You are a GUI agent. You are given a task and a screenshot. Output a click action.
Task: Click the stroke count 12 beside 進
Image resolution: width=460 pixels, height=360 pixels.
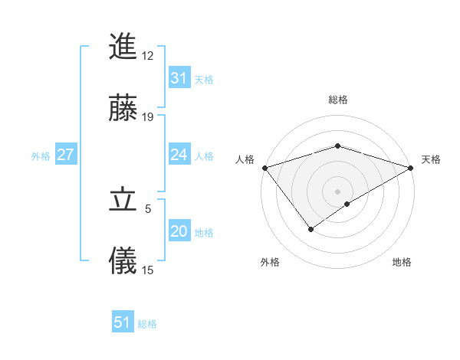point(147,55)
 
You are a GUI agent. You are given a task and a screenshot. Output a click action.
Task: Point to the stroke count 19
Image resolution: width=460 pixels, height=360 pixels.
point(148,116)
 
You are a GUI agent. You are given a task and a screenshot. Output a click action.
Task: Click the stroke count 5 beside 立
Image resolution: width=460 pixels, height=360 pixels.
point(149,208)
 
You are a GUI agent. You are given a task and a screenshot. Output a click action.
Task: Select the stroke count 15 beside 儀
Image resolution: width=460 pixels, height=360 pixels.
point(148,270)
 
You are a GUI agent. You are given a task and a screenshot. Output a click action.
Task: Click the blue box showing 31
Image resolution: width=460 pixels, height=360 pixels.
point(179,78)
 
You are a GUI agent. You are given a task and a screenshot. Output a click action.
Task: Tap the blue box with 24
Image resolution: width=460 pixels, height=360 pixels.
point(179,155)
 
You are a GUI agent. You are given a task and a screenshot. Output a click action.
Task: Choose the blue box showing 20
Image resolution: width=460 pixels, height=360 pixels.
point(179,231)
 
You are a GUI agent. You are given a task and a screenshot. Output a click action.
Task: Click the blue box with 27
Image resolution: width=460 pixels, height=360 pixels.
point(65,155)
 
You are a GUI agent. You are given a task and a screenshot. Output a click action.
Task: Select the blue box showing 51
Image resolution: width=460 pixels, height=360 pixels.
point(123,322)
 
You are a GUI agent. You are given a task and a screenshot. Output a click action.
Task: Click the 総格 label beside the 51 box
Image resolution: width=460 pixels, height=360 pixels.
point(147,324)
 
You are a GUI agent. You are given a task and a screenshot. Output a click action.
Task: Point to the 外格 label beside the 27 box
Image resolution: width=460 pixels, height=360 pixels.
point(41,156)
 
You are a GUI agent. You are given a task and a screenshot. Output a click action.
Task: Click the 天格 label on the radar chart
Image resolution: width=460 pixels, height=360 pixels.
point(431,159)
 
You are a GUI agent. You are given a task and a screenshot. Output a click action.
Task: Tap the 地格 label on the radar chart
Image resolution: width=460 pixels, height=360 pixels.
point(402,262)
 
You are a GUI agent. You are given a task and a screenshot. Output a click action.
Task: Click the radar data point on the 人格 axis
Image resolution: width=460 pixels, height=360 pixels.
point(264,168)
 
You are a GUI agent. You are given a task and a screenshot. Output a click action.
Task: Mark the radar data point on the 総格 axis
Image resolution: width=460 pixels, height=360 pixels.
point(337,146)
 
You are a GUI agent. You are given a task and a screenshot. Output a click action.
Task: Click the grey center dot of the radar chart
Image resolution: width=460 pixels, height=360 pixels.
point(337,191)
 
